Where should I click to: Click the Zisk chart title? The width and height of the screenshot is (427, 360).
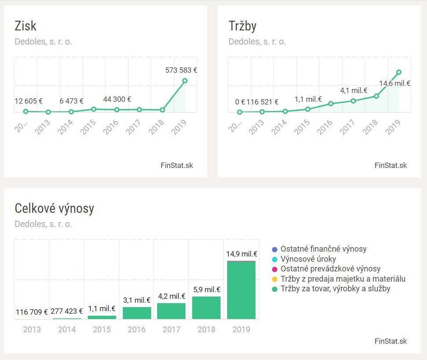click(26, 26)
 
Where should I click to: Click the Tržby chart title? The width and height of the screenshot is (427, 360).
click(242, 26)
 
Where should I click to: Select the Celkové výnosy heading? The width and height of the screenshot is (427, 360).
click(54, 208)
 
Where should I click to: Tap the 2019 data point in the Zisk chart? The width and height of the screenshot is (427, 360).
click(185, 81)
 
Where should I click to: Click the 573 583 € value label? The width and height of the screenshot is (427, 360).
click(181, 70)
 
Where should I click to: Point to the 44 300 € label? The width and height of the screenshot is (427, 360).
click(117, 100)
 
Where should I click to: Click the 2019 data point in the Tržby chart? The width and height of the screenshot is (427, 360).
click(399, 72)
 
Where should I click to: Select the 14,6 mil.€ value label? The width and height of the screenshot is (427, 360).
click(395, 83)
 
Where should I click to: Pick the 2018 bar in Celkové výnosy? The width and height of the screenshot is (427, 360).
click(206, 308)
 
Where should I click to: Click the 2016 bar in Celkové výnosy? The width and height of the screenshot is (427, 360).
click(137, 313)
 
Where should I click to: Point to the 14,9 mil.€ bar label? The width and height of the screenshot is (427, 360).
click(242, 254)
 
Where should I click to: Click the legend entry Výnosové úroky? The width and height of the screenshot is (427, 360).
click(309, 259)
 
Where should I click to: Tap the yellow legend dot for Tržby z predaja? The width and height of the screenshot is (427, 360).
click(275, 279)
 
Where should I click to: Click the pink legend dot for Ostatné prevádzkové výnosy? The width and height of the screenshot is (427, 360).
click(275, 269)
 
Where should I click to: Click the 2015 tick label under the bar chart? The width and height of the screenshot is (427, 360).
click(102, 329)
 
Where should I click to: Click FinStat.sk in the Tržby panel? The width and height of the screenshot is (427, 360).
click(391, 166)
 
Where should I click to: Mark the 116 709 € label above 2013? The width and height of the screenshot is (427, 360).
click(32, 312)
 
